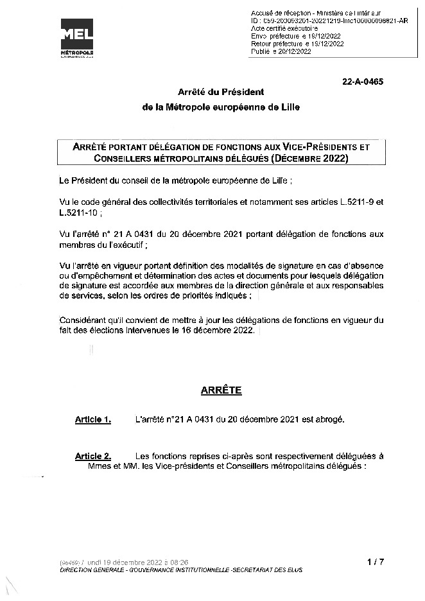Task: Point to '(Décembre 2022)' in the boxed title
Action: click(309, 158)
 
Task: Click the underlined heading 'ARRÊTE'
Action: click(212, 390)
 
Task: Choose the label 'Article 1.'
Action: click(93, 420)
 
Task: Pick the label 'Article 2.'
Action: click(93, 456)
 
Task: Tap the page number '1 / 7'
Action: click(376, 562)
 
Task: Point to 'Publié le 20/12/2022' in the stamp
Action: click(281, 51)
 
